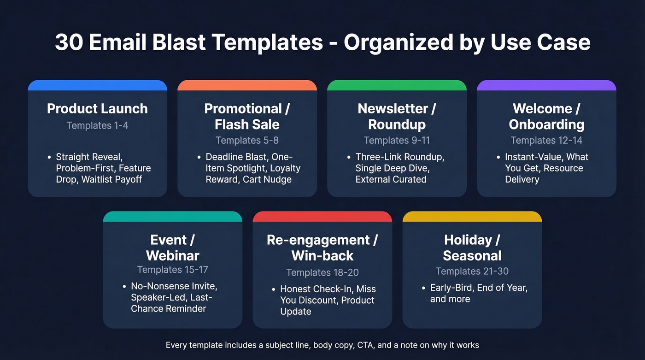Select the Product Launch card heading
pos(97,109)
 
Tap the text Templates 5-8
pos(247,140)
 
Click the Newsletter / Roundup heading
pos(397,117)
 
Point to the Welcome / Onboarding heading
pos(546,117)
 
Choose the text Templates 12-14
pos(546,140)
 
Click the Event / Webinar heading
pos(172,248)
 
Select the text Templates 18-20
pos(322,273)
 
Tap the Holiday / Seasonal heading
pos(472,248)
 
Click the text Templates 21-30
pos(472,271)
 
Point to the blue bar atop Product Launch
pos(97,85)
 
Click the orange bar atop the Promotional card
pos(247,85)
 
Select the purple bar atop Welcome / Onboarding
pos(546,85)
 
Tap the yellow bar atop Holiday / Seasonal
pos(472,217)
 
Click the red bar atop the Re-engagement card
pos(322,217)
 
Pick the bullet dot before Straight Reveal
pos(49,157)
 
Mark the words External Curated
pos(391,179)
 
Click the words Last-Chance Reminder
pos(169,303)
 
